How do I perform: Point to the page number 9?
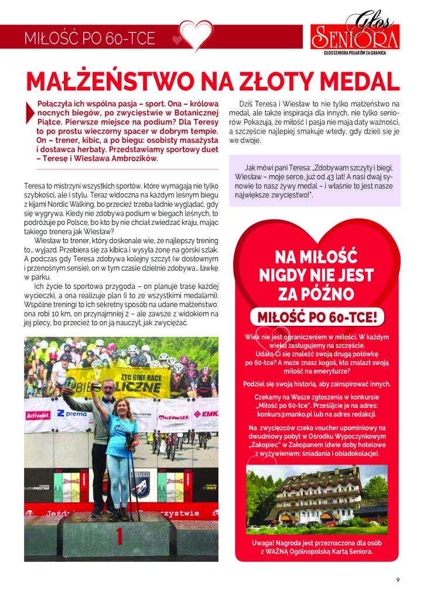398,580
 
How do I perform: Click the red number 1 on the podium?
119,536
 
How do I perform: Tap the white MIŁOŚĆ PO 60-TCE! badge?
317,317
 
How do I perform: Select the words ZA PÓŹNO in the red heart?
317,292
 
